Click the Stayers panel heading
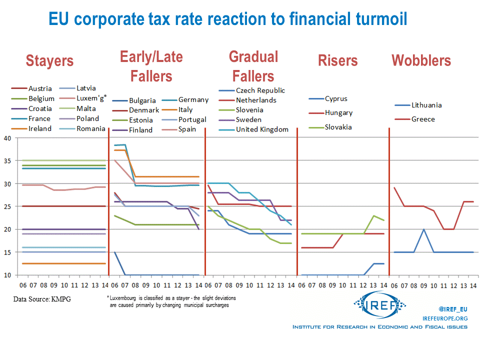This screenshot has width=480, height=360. click(x=49, y=61)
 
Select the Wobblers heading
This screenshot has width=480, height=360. click(x=421, y=61)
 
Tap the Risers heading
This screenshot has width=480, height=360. click(x=337, y=61)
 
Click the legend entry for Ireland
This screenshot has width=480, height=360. click(x=39, y=128)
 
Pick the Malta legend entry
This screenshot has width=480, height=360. click(x=86, y=108)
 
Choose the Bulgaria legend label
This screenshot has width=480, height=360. click(x=142, y=100)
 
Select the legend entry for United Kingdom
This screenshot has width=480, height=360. click(x=262, y=129)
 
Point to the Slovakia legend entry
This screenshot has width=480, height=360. click(x=338, y=127)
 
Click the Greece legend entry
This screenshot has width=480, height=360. click(x=423, y=119)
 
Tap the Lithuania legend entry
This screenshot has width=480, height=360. click(x=426, y=105)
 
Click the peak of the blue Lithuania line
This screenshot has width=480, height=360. click(x=423, y=229)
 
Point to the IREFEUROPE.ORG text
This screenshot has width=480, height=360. click(x=445, y=318)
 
